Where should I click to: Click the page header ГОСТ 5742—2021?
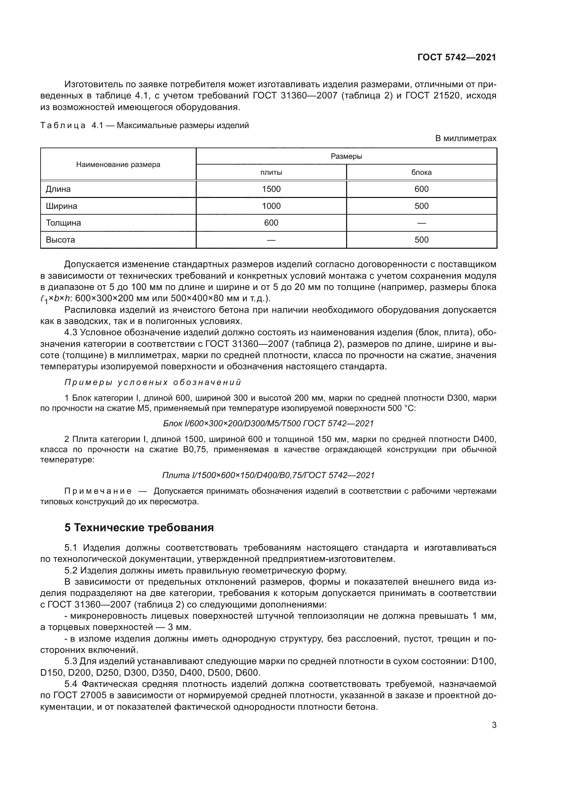(x=456, y=58)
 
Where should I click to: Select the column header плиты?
(x=271, y=172)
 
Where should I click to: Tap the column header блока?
(x=421, y=172)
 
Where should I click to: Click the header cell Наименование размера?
(x=118, y=165)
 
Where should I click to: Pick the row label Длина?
(x=58, y=189)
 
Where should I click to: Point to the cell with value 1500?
(x=271, y=189)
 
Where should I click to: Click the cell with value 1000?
(x=271, y=206)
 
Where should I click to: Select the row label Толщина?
(x=63, y=223)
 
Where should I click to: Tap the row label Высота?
(x=60, y=240)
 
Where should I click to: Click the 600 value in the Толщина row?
(x=271, y=223)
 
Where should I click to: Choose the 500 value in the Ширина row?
(x=421, y=206)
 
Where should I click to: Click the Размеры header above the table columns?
(x=346, y=156)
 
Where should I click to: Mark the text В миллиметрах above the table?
(x=466, y=138)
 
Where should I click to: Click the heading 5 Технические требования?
(x=139, y=528)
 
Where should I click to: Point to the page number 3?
(x=494, y=725)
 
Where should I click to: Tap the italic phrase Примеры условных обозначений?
(x=153, y=383)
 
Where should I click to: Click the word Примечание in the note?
(x=98, y=491)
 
